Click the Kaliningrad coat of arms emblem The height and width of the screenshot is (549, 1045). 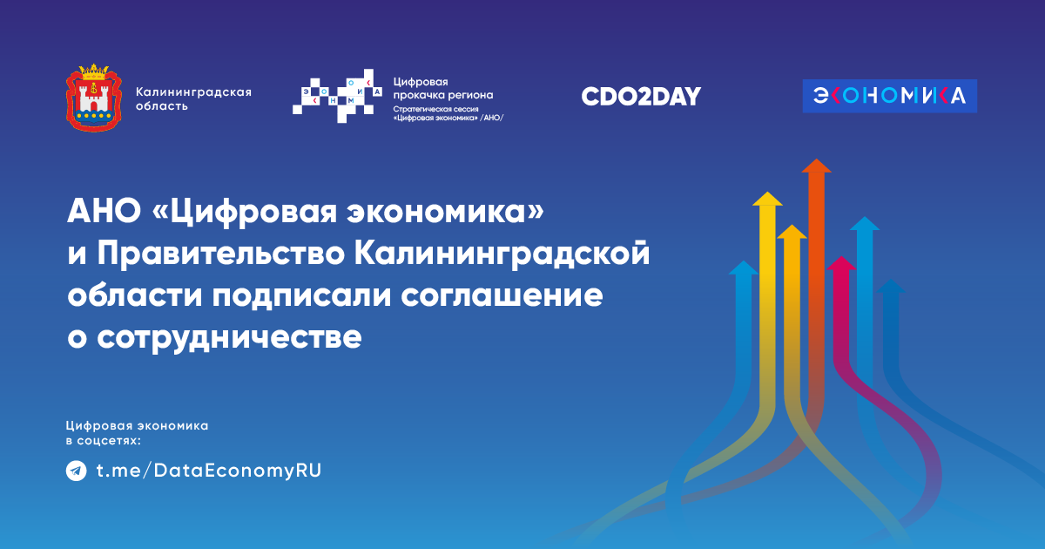click(94, 98)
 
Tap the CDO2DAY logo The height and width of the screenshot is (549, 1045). click(641, 96)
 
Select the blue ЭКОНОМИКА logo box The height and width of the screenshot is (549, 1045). click(890, 96)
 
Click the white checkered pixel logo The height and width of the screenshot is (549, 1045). click(337, 96)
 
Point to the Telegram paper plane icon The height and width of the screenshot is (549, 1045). click(76, 471)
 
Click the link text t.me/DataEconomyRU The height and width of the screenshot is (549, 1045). click(209, 471)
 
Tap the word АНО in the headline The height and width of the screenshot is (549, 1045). click(104, 211)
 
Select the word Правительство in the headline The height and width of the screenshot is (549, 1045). click(220, 254)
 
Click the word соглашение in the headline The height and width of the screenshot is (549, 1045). click(502, 296)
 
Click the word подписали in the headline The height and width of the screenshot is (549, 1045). click(301, 297)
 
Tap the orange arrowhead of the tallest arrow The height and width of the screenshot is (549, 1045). click(817, 166)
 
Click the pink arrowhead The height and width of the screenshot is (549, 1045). click(841, 263)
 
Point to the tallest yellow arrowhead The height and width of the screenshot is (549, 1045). click(767, 199)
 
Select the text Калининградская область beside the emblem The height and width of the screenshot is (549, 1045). click(193, 99)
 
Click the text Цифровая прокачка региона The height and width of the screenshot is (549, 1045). click(442, 88)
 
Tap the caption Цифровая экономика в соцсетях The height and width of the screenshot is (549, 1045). click(138, 433)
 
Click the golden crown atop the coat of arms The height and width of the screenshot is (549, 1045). click(94, 71)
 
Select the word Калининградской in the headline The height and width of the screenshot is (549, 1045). click(502, 254)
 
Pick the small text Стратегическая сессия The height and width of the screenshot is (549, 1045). click(435, 109)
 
